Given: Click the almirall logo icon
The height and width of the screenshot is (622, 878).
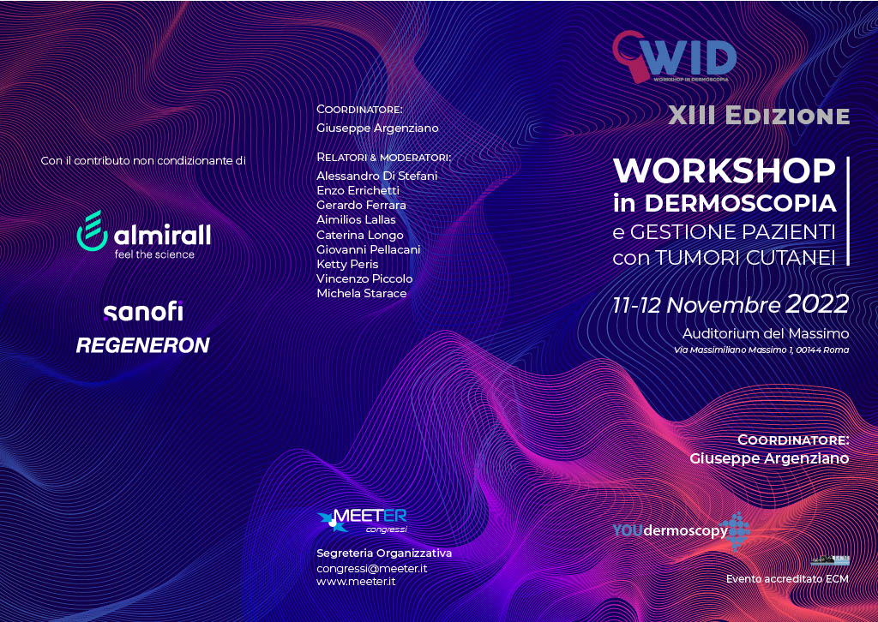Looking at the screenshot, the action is point(92,230).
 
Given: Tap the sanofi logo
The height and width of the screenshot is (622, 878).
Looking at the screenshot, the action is point(143,312).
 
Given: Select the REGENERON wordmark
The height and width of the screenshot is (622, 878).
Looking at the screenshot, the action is point(143,345).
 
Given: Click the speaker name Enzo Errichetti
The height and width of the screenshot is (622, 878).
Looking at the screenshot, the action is point(358,191).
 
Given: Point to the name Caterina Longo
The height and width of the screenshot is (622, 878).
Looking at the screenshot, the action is point(360,235).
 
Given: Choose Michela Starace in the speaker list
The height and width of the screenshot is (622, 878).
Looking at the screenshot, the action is point(362,293).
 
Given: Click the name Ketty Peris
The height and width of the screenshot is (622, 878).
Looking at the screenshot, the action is point(347,264).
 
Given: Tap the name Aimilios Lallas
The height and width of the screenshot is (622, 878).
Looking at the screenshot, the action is point(356,220).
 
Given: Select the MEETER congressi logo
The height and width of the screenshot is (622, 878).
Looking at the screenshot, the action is point(362,521).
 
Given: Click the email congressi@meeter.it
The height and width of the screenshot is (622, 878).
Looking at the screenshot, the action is point(372,568).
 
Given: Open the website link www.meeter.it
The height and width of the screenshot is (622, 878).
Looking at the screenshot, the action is point(356,582).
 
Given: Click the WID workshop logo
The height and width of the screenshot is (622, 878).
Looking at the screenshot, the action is point(674,57).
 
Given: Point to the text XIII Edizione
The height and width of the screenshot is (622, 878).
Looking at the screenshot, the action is point(759,115).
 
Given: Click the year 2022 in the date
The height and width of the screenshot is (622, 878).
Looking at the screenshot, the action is point(817,304).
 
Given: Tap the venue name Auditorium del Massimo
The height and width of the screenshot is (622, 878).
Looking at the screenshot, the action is point(766,334).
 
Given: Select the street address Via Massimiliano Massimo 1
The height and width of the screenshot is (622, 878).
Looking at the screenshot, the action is point(740,350).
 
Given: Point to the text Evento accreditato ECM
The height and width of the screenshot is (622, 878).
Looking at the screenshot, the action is point(787,579).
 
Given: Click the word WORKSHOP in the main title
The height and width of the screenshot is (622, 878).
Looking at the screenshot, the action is point(725,170).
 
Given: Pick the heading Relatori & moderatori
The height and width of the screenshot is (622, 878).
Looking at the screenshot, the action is point(383,157).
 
